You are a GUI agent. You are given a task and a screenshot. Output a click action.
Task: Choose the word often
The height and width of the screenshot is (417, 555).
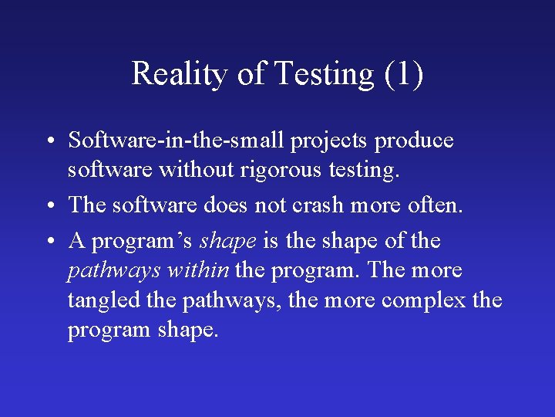click(432, 205)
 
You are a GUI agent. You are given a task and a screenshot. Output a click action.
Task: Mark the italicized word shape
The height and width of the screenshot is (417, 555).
click(228, 242)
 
